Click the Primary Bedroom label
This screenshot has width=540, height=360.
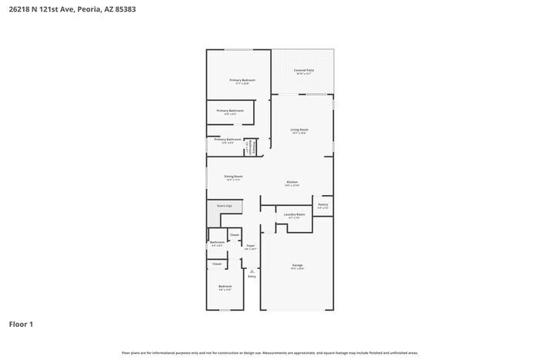pos(241,80)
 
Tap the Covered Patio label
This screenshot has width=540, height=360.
pos(304,70)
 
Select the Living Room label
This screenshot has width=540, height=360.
pos(299,130)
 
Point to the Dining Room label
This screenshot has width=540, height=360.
pos(234,177)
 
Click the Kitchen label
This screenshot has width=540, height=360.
pos(292,182)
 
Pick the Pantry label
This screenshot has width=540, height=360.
pos(322,204)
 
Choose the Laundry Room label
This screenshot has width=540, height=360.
pos(294,214)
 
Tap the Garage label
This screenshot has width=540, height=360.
pos(297,265)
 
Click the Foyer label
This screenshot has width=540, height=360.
pos(251,246)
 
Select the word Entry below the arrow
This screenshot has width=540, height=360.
pos(251,276)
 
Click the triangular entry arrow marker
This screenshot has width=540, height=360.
pos(251,270)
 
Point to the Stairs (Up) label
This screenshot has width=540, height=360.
pos(224,206)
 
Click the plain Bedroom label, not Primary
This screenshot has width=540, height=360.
pos(224,286)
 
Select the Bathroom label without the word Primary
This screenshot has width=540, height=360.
pos(217,242)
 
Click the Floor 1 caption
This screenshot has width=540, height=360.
pos(21,324)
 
